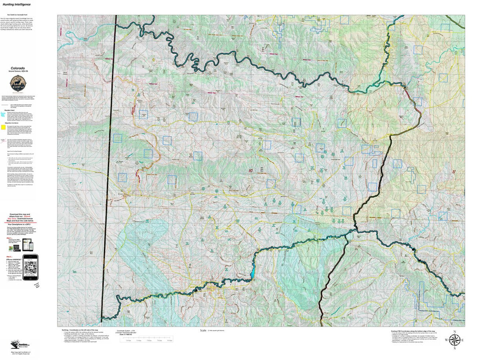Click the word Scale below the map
tap(203, 330)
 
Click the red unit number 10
tap(250, 171)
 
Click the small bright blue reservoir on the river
tap(252, 274)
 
